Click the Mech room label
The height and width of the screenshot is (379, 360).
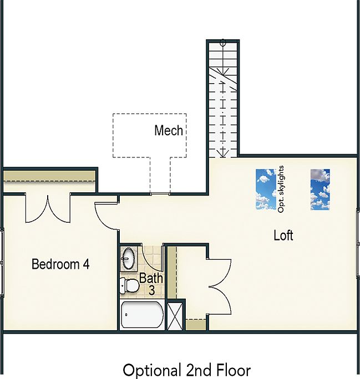169,131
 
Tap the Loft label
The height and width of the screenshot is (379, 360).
283,235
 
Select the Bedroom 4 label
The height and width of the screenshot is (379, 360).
60,264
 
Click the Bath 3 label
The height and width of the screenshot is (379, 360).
151,283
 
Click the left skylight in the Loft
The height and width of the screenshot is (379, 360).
266,189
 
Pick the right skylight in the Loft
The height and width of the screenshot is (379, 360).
320,189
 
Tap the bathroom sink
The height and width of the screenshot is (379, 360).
129,259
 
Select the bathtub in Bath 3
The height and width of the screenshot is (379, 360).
142,316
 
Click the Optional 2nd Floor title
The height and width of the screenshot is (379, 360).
186,370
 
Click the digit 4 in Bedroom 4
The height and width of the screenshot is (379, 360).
86,264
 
